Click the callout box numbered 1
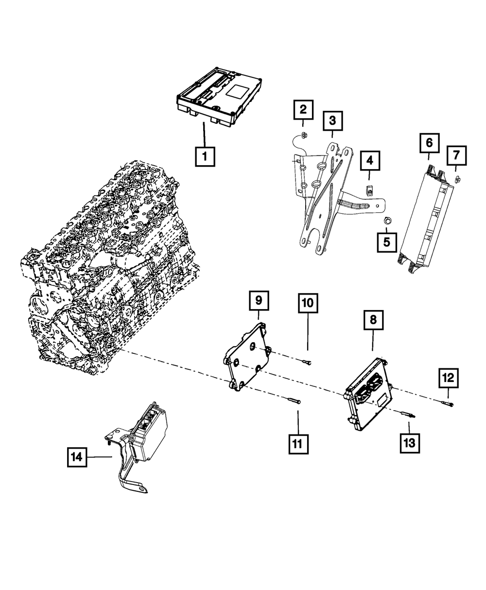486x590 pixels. point(205,156)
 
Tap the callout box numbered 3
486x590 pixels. point(332,120)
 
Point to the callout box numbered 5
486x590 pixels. point(387,242)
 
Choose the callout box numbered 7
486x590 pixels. point(456,156)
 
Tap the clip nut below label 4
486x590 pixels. point(369,191)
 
